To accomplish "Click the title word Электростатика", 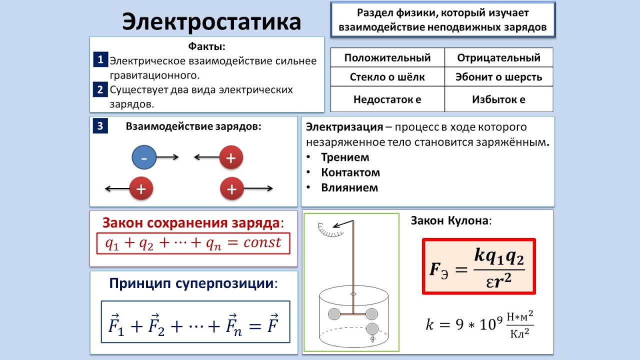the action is [x=211, y=22].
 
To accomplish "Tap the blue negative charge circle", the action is [x=144, y=158].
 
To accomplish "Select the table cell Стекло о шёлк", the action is [x=387, y=77].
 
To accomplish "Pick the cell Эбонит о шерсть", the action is [x=498, y=77].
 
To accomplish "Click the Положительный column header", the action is [x=387, y=57].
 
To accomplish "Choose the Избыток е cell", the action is [x=498, y=99].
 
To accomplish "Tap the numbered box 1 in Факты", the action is [x=100, y=60].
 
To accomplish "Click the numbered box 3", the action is [x=100, y=126].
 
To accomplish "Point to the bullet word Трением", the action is [x=345, y=157].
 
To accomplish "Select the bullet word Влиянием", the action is [x=349, y=188].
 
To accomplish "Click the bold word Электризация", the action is [x=344, y=126].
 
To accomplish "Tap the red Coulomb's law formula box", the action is [x=478, y=266].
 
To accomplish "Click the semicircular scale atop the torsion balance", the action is [x=330, y=229].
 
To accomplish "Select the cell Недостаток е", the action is [x=387, y=99].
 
